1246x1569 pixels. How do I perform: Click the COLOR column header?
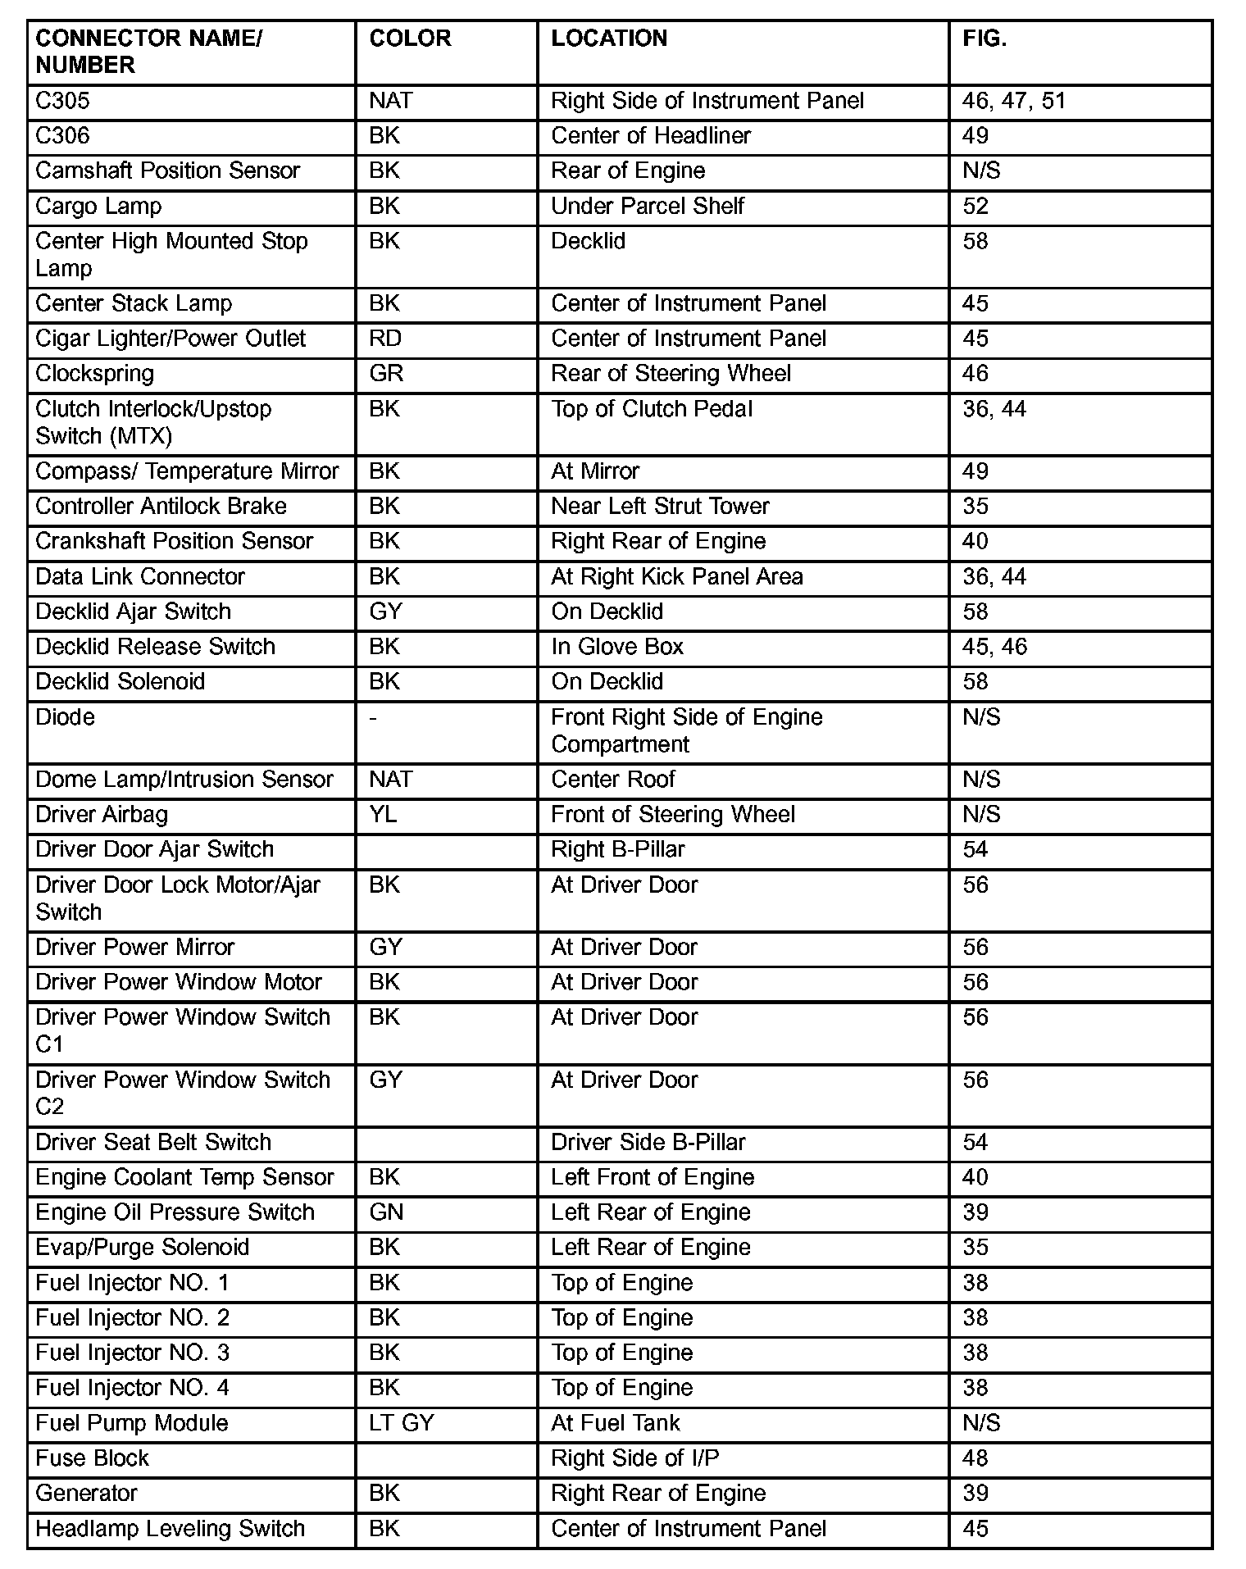point(410,39)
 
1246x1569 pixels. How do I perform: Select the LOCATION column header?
point(609,39)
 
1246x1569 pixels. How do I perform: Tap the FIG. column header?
point(985,39)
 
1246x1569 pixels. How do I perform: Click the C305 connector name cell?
point(62,101)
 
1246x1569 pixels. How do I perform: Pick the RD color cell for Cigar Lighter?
point(385,339)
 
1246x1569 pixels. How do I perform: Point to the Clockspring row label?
point(95,374)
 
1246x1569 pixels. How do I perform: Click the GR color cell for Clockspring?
point(386,374)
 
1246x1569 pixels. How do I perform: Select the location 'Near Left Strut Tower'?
point(660,507)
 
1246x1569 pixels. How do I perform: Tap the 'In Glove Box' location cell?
point(617,647)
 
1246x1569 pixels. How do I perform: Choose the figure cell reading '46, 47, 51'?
point(1014,101)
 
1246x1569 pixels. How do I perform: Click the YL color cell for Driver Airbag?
point(383,815)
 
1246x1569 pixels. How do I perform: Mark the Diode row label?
point(66,717)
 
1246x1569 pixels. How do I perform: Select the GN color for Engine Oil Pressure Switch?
point(386,1212)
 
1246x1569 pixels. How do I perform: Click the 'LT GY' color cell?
point(402,1423)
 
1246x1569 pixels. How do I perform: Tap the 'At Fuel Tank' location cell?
point(616,1423)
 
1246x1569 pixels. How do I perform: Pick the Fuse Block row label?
point(93,1458)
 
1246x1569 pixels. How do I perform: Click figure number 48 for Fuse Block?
point(975,1458)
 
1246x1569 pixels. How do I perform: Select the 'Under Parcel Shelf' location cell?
point(648,206)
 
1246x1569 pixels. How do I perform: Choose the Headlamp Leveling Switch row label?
point(171,1529)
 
